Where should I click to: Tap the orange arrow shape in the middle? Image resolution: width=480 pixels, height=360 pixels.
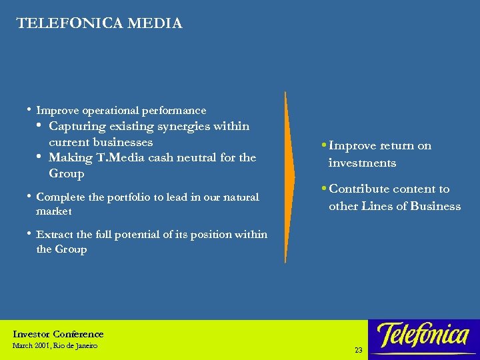click(x=289, y=177)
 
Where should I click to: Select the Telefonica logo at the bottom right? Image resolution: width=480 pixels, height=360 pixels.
click(x=423, y=335)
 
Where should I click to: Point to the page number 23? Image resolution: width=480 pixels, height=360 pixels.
click(x=359, y=350)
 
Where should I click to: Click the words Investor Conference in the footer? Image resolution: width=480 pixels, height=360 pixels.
click(x=58, y=334)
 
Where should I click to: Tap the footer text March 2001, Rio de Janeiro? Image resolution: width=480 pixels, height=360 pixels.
click(x=55, y=346)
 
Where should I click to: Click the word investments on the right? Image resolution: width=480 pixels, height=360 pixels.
click(x=362, y=163)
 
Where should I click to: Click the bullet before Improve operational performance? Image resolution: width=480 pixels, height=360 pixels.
click(x=29, y=109)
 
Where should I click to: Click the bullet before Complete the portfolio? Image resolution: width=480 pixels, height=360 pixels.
click(x=29, y=197)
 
